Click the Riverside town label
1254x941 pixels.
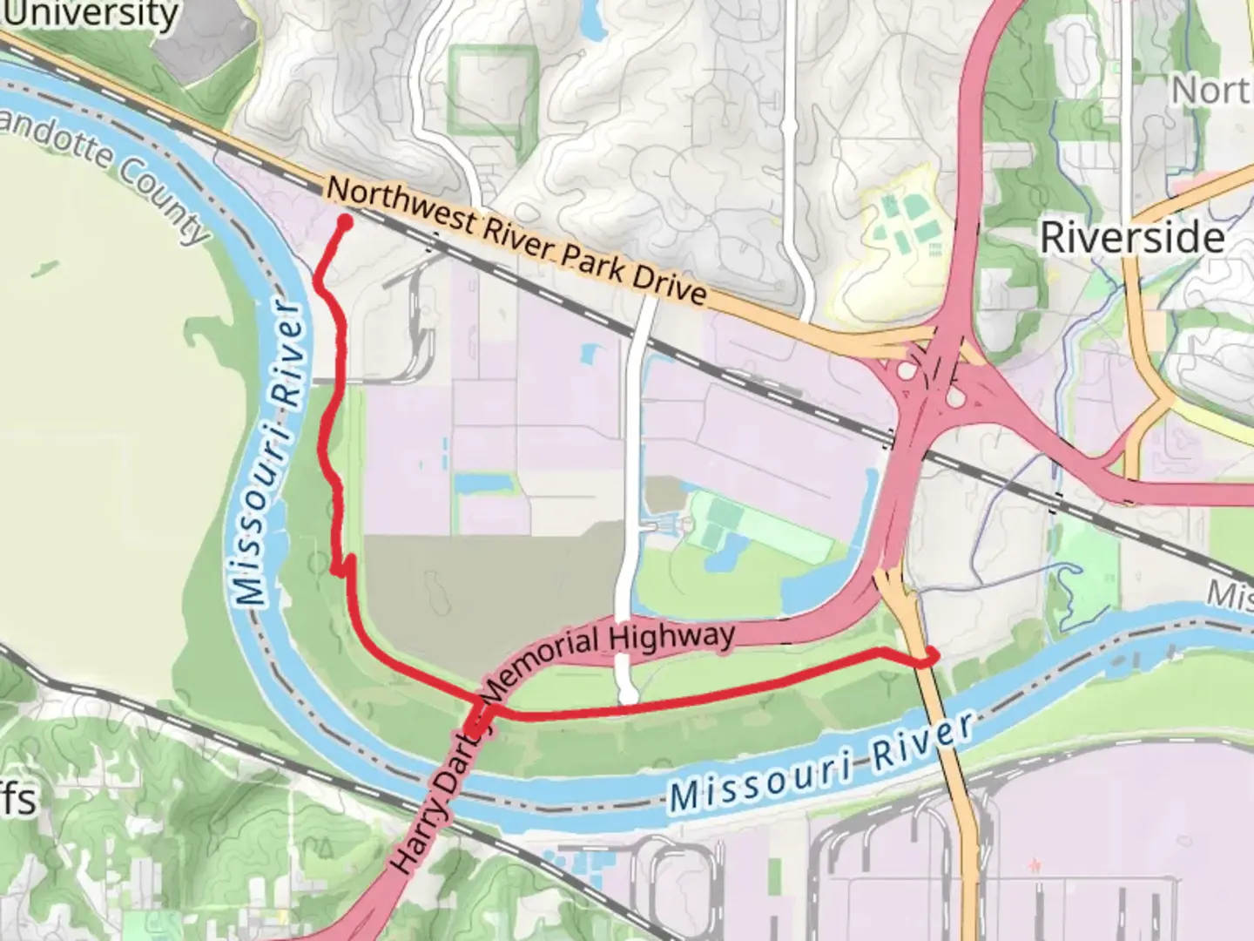tap(1132, 237)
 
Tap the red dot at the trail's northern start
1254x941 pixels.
tap(344, 222)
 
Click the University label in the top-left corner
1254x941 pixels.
tap(91, 15)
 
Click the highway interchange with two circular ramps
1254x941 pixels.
tap(932, 383)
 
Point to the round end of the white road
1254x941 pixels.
tap(629, 695)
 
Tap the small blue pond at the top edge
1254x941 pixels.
tap(594, 19)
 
